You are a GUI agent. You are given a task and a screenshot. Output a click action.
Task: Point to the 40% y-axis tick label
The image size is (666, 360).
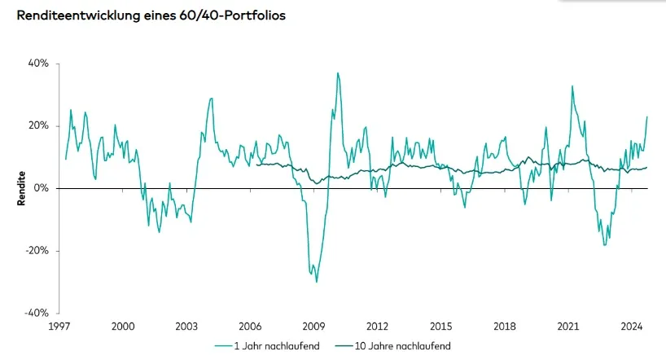pos(39,64)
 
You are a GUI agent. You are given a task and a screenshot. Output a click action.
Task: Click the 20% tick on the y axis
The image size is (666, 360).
pos(39,125)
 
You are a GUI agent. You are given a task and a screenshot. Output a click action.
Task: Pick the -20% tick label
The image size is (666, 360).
pos(37,251)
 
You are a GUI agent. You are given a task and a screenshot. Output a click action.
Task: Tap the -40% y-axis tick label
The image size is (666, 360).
pos(37,313)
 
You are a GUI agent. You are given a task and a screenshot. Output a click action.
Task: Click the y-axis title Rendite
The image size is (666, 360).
pos(22,188)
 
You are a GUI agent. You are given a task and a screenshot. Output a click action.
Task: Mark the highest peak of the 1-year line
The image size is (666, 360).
pos(337,73)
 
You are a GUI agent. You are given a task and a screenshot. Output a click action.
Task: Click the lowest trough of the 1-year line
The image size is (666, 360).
pos(316,281)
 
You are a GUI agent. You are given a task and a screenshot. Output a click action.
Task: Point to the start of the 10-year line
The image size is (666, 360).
pos(256,164)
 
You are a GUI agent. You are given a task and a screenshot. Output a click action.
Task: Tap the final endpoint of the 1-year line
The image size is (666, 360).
pos(647,116)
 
